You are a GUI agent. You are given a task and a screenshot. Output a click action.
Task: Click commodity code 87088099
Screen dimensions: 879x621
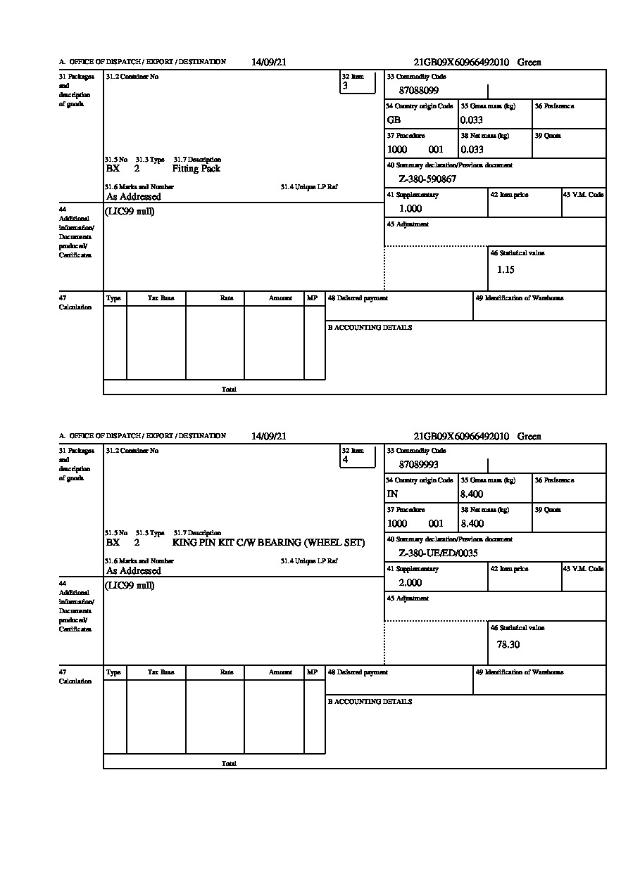pos(418,91)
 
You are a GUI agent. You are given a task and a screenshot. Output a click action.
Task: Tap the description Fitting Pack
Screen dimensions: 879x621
pos(196,169)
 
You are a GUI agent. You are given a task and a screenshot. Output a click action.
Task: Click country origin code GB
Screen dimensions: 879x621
pos(394,120)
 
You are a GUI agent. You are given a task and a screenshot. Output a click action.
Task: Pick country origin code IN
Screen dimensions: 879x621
pos(392,494)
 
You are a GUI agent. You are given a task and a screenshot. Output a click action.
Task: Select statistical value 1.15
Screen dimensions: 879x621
pos(506,270)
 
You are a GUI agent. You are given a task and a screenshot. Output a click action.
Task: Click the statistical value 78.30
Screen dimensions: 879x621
pos(508,644)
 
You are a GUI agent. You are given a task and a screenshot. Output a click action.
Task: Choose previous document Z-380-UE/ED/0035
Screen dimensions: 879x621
pos(438,553)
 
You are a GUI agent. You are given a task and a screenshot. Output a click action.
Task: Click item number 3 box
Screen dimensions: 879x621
pos(358,82)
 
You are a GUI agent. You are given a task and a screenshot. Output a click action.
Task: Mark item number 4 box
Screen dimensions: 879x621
pos(358,456)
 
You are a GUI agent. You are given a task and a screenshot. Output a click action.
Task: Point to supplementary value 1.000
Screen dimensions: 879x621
pos(410,209)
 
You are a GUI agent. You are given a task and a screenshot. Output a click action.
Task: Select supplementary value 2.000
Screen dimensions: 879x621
pos(410,583)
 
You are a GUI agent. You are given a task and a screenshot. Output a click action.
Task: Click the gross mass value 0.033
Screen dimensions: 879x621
pos(472,120)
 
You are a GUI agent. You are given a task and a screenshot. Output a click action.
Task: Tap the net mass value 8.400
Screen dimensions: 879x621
pos(472,524)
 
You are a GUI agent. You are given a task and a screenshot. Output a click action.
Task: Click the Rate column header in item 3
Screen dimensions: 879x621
pos(226,298)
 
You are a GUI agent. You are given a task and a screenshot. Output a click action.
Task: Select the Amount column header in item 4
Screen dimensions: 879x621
pos(280,672)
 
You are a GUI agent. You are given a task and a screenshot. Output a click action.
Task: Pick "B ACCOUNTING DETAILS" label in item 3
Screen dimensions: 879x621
pos(370,328)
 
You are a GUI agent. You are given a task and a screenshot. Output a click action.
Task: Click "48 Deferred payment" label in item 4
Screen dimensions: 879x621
pos(358,672)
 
